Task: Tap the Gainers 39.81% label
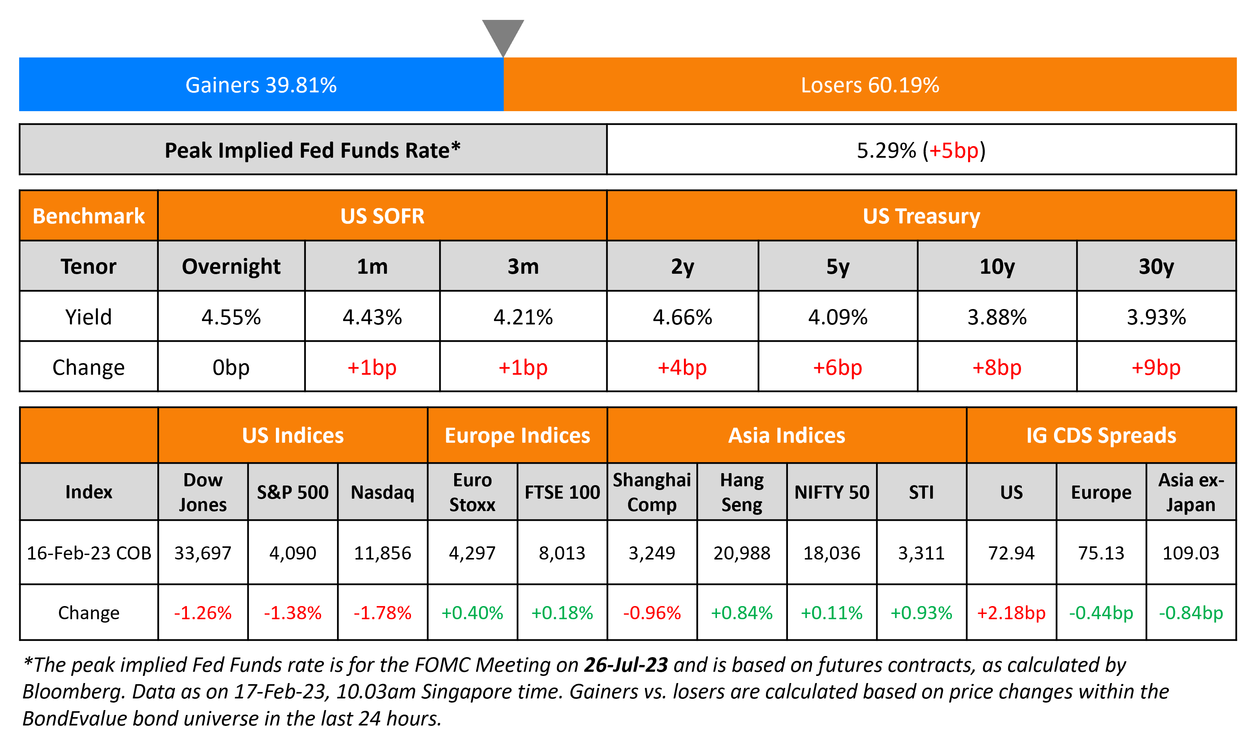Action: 261,85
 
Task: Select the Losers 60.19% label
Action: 870,85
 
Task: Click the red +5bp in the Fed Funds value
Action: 953,150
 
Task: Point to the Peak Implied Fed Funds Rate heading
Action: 313,150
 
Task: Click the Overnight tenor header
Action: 231,266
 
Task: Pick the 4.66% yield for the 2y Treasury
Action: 682,317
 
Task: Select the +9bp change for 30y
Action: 1156,368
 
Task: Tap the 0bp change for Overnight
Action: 231,368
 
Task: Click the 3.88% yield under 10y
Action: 997,317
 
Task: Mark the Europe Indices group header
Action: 517,435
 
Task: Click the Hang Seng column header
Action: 742,492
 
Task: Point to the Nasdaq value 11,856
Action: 383,553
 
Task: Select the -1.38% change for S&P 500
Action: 292,612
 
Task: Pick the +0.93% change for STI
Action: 921,612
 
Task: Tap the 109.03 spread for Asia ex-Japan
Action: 1191,553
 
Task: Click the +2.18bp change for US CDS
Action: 1011,612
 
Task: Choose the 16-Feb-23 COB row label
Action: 89,553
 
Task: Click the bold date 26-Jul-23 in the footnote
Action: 626,665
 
